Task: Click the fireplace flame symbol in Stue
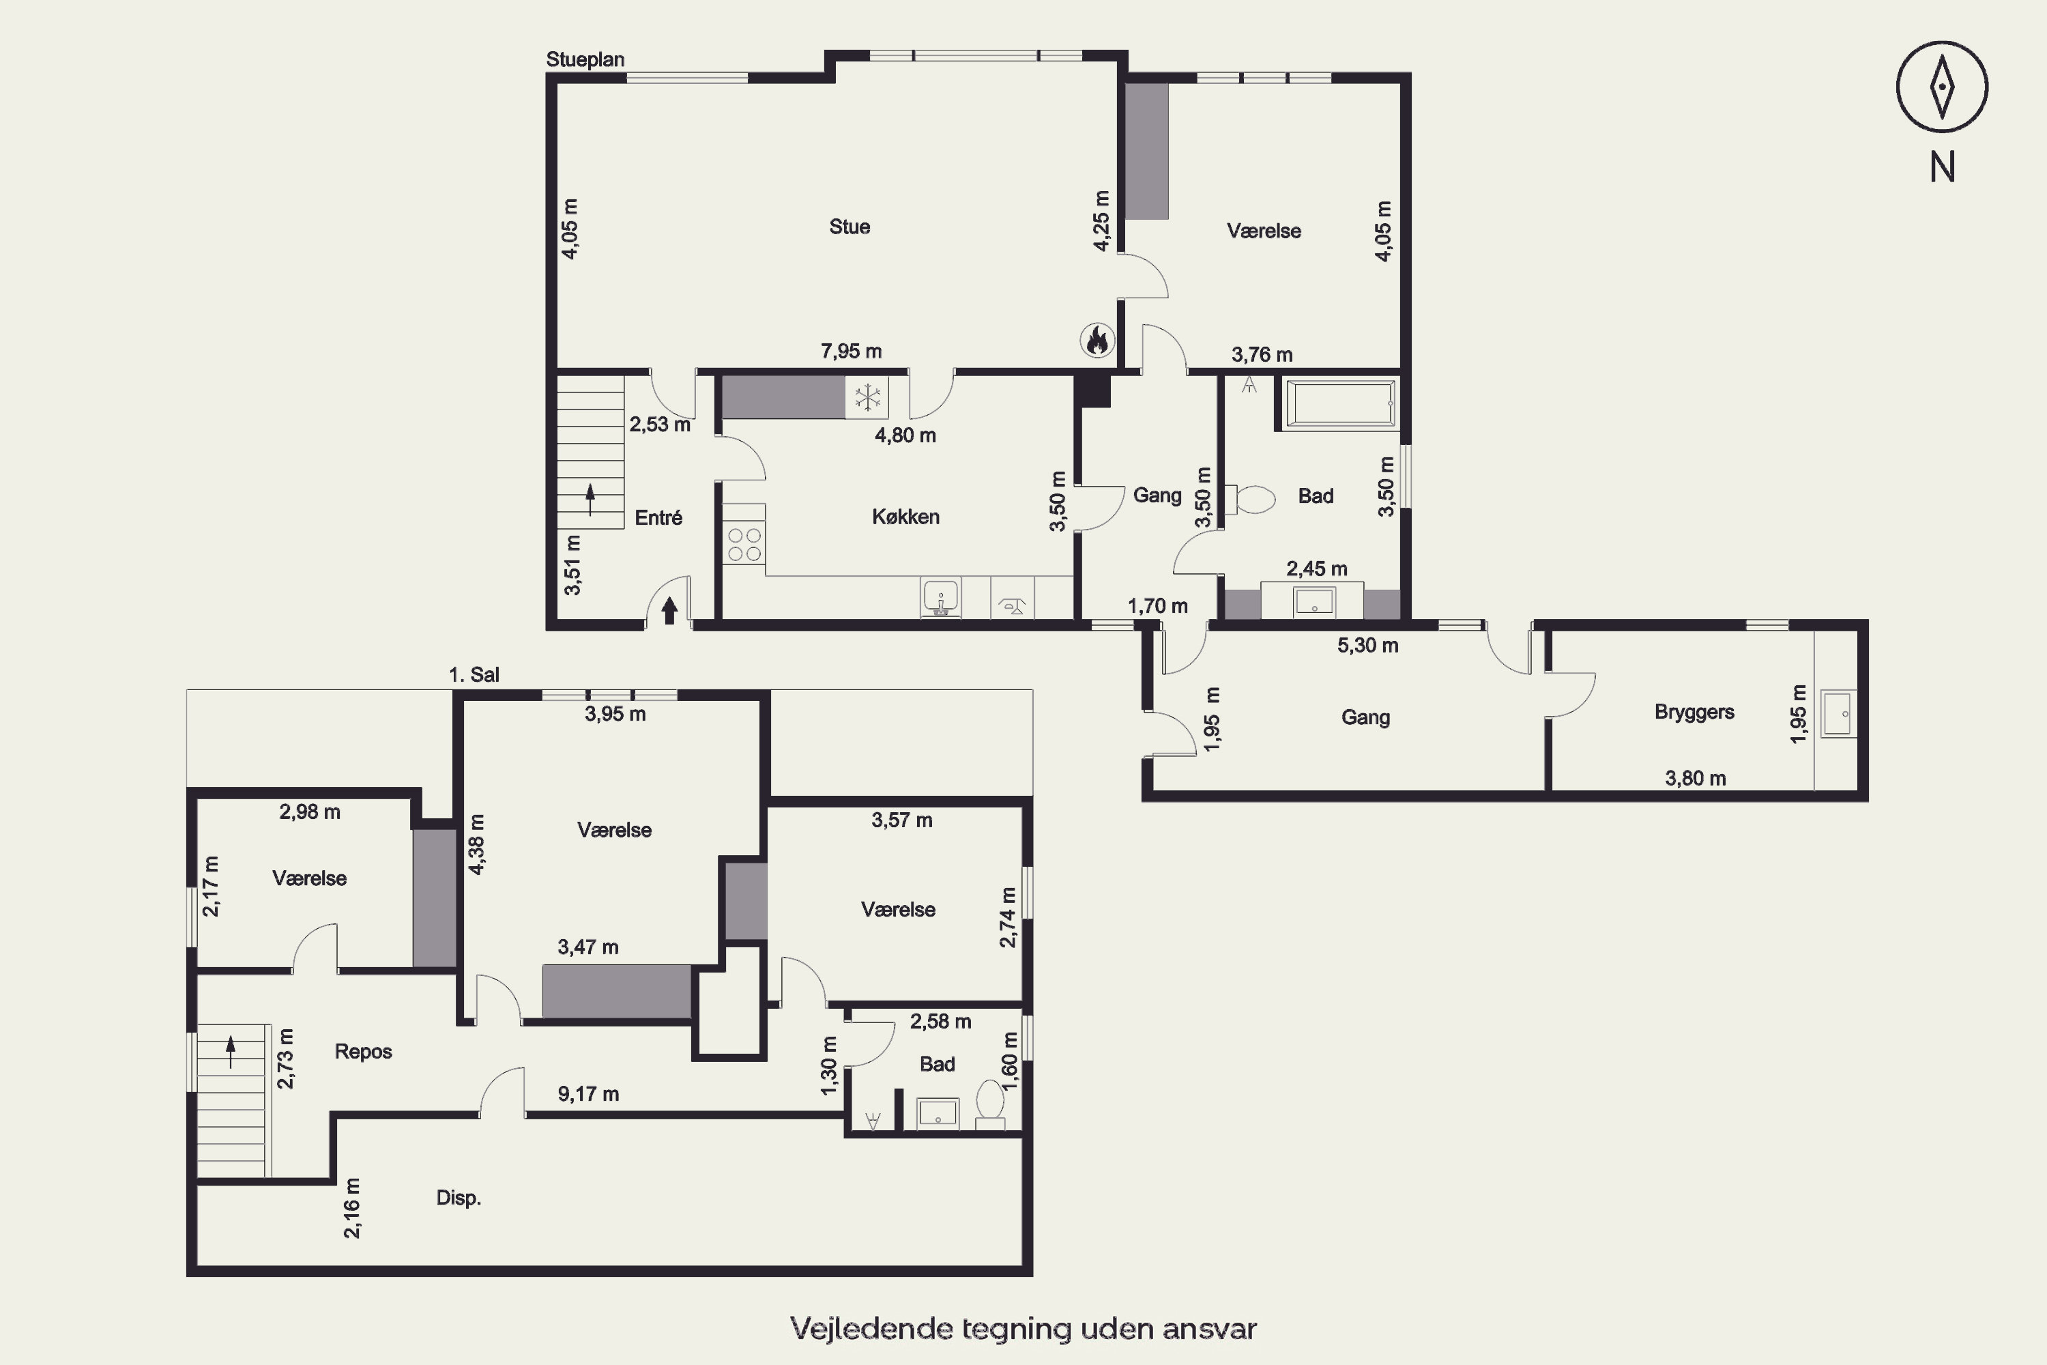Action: click(1097, 339)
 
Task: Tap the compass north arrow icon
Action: click(1942, 87)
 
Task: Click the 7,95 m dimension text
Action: click(851, 351)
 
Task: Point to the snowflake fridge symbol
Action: click(867, 398)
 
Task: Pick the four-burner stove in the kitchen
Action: click(744, 544)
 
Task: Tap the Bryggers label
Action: click(1694, 712)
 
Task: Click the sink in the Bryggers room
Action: click(1838, 714)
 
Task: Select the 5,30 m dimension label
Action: click(1368, 645)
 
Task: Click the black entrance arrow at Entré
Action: click(669, 609)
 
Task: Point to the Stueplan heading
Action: click(585, 59)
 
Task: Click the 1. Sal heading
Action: click(474, 675)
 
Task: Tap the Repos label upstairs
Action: click(363, 1052)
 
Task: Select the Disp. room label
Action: click(459, 1198)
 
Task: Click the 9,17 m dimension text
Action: click(588, 1094)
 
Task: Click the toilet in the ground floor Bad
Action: click(1250, 500)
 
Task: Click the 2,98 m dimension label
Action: click(310, 812)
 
